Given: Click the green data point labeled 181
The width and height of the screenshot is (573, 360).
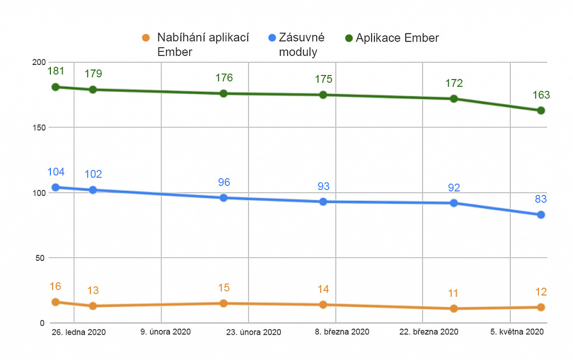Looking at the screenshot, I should coord(55,87).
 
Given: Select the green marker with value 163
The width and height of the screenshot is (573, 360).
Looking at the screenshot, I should coord(541,110).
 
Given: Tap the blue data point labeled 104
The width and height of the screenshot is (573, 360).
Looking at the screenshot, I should coord(55,187).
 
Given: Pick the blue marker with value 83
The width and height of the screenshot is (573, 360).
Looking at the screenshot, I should coord(541,214).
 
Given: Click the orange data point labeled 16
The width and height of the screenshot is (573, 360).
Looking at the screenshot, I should coord(55,302).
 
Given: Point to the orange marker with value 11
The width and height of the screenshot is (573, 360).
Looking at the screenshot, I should coord(454,308).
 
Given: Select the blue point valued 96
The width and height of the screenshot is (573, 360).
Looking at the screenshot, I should coord(223,198).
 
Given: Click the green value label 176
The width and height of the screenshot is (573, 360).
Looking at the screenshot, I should coord(223,78).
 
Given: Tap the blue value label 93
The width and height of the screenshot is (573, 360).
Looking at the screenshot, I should coord(323,186).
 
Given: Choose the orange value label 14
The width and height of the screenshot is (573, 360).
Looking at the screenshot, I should coord(323,289).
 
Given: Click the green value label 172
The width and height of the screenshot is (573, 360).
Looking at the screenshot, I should coord(454,83).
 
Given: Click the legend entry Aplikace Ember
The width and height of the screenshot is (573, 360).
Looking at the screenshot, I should coord(397,38).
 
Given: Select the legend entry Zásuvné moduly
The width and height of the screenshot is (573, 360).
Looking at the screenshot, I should coord(301,45).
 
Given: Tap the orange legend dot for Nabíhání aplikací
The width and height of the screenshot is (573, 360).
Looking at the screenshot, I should coord(145,38).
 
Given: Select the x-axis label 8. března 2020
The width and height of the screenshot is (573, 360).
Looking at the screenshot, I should coord(342,331).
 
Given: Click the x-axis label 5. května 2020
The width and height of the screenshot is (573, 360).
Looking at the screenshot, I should coord(517,331).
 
